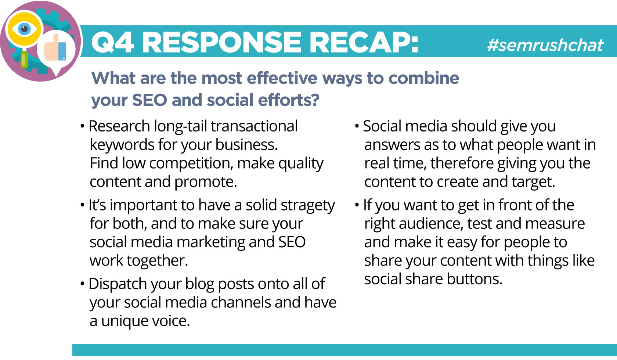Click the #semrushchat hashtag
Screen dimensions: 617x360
[545, 45]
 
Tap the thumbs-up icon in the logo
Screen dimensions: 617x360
[56, 48]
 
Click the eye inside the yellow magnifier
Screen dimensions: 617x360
[24, 29]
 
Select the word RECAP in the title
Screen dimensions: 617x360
[364, 42]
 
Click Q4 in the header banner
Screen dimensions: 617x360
[112, 43]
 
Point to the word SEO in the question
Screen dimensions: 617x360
[149, 100]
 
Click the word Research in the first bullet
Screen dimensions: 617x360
[119, 126]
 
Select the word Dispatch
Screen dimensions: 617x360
[118, 284]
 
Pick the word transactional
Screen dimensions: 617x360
[254, 126]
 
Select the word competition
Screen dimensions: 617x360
[191, 163]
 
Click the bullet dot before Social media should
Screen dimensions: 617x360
[357, 126]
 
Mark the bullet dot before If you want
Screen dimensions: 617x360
[357, 205]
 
